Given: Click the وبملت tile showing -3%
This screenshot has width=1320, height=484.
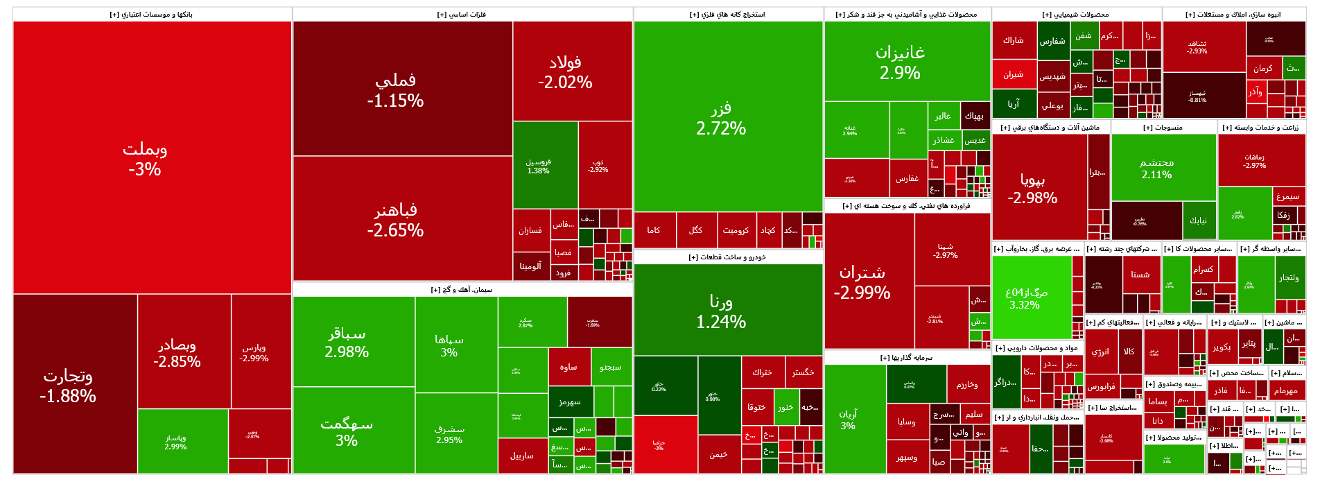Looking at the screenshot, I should point(145,159).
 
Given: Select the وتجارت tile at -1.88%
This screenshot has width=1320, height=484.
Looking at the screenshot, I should point(68,386).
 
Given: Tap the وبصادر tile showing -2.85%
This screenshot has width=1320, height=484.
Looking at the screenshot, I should point(177,353).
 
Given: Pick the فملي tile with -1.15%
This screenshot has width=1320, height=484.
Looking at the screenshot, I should point(395,90).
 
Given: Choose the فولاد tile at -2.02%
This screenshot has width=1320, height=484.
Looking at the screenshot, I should point(565,72).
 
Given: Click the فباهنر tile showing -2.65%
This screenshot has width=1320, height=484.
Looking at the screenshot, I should point(395,220).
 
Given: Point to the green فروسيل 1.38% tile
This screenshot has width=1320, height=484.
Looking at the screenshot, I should point(539,166).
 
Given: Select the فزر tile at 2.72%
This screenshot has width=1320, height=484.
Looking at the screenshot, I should point(721,118).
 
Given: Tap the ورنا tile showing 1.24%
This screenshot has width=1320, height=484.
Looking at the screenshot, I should point(721,311).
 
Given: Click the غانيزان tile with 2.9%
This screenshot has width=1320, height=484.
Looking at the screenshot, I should point(900,62).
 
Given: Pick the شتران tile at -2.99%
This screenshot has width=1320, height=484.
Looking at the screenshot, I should point(862,282).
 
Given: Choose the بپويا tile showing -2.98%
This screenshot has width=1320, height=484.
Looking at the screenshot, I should point(1032,189).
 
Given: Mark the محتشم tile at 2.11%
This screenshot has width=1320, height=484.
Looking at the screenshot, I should point(1156,168).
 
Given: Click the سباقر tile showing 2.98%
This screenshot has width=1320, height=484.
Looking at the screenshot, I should point(347,343).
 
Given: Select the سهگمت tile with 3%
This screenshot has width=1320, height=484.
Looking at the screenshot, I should point(347,431).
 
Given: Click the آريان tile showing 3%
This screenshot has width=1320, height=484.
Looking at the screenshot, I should point(848,420).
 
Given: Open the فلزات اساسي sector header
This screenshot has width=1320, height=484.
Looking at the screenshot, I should point(462,15).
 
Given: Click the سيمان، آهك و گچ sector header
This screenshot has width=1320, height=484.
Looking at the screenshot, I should point(462,290).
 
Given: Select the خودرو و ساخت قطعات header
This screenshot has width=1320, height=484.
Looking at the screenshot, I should point(727,257).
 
